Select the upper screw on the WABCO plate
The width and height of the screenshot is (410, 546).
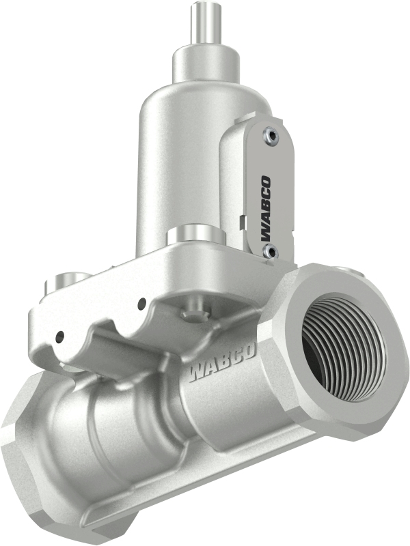pyautogui.click(x=272, y=136)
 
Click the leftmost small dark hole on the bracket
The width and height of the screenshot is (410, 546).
pyautogui.click(x=60, y=335)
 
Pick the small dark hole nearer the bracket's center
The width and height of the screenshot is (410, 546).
pyautogui.click(x=142, y=302)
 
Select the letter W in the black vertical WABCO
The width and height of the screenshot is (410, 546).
pyautogui.click(x=264, y=235)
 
